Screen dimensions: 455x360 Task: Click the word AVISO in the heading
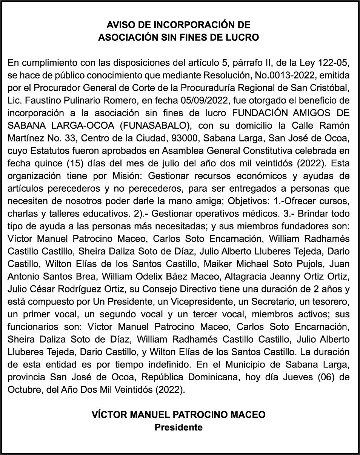click(x=120, y=25)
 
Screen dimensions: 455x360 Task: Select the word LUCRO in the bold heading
click(x=244, y=38)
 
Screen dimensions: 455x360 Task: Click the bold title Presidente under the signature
click(x=178, y=427)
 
